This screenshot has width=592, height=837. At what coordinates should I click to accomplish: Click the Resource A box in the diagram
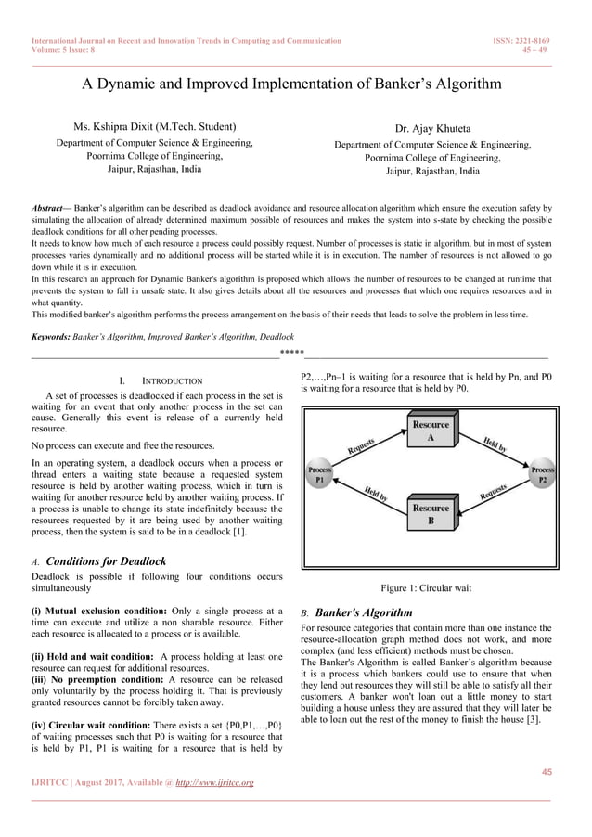[x=431, y=431]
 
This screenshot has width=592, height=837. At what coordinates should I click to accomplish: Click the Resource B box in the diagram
[x=431, y=515]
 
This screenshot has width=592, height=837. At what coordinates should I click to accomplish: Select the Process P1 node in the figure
[x=319, y=475]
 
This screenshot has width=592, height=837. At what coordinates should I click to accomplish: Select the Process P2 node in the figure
[x=542, y=475]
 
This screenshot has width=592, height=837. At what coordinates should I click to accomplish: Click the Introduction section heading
[x=163, y=381]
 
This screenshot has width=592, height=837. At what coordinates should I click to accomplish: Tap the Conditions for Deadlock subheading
[x=106, y=561]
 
